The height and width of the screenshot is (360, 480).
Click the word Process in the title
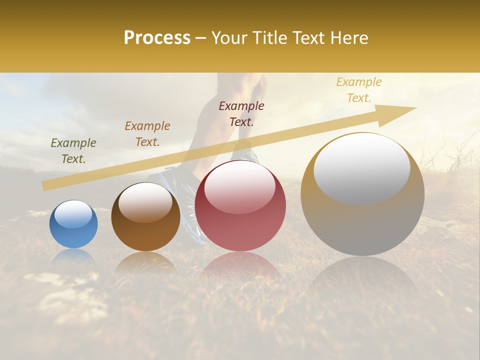click(157, 38)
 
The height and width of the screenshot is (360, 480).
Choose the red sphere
click(240, 220)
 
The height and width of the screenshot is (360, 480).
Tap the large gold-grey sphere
click(362, 220)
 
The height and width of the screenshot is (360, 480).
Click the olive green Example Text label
click(73, 151)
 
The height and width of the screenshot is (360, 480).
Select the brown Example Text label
click(147, 134)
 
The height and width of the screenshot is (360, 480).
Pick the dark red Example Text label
click(241, 114)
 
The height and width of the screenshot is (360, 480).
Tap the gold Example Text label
click(359, 90)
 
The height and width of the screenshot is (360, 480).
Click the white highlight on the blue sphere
click(73, 214)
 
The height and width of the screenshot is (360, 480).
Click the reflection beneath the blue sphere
click(73, 256)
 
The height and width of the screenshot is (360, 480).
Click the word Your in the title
click(228, 38)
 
